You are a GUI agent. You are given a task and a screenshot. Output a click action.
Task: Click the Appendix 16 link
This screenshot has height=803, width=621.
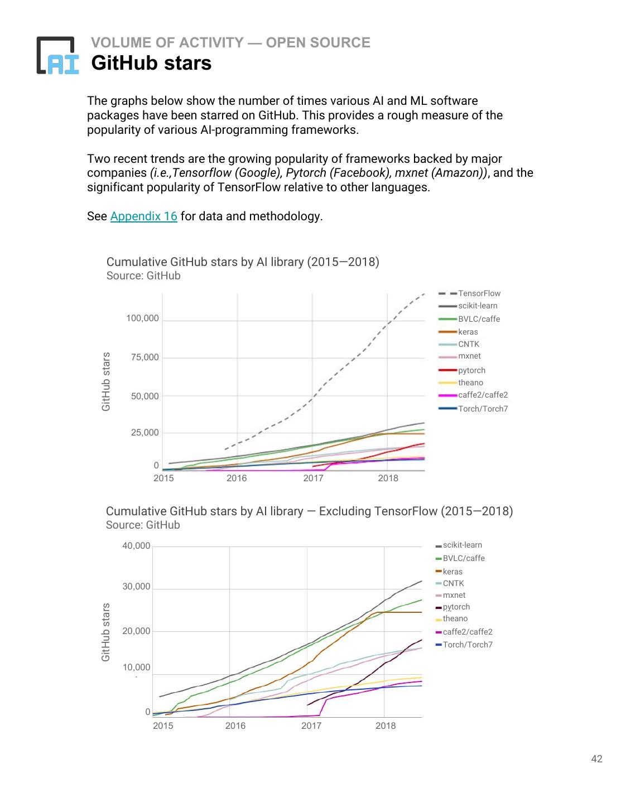pos(143,216)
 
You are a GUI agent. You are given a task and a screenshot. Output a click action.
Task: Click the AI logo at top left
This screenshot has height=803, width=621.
pos(57,55)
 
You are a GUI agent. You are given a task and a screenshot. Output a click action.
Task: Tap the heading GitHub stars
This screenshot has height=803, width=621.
pos(151,63)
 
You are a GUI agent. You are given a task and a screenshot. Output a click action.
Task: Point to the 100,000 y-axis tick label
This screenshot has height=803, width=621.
pos(142,318)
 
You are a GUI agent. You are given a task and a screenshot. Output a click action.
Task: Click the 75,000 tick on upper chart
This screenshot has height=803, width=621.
pos(145,357)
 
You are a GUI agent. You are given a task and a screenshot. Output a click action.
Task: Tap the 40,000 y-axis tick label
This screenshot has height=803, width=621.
pos(136,546)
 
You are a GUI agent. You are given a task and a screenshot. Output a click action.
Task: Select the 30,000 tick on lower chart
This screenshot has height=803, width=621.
pos(136,587)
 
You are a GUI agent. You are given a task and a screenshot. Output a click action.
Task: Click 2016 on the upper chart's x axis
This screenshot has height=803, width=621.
pos(237,478)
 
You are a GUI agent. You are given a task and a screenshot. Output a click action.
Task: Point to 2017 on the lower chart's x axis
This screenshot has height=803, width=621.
pos(311,725)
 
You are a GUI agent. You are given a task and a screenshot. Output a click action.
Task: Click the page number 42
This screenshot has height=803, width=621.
pos(596,758)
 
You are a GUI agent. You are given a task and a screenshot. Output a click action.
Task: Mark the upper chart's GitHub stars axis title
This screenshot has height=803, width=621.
pos(106,381)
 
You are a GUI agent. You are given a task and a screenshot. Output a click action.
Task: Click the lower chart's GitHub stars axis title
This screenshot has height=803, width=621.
pos(106,632)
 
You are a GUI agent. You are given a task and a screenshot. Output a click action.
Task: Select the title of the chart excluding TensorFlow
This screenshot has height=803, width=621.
pos(309,511)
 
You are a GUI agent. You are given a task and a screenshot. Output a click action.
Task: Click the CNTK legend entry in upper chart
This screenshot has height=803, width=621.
pos(468,344)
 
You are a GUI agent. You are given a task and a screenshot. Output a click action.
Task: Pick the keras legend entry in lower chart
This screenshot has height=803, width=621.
pos(452,572)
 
